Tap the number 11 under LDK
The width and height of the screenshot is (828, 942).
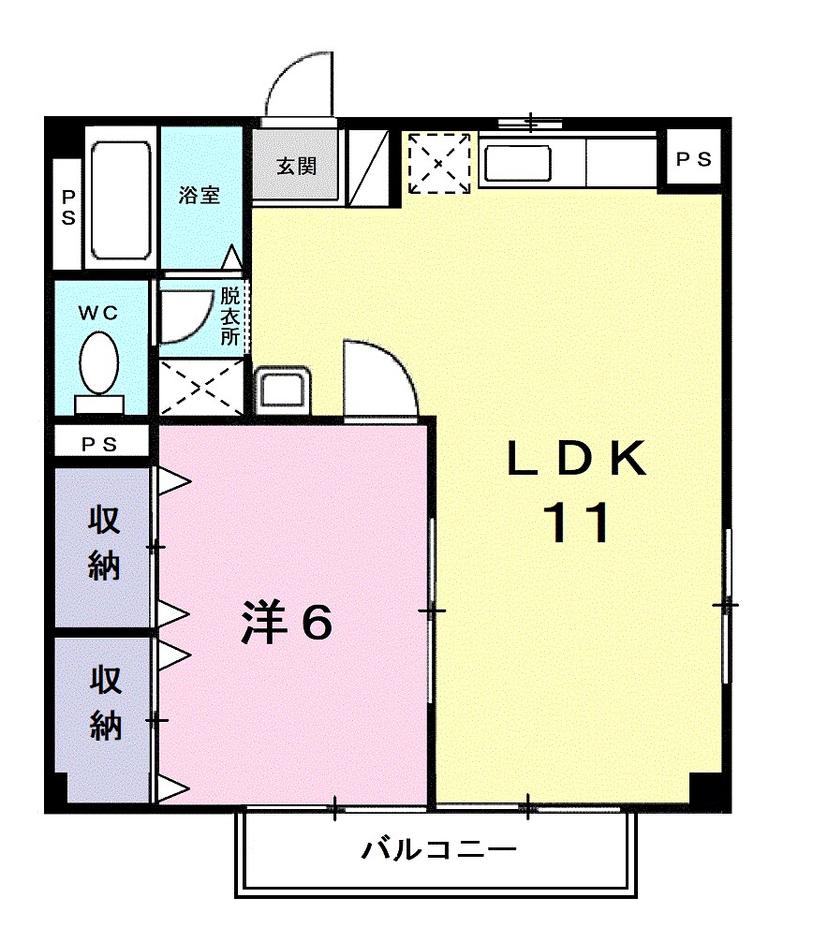pyautogui.click(x=577, y=523)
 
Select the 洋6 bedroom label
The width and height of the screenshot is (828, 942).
pyautogui.click(x=287, y=622)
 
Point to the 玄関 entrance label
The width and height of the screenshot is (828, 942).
pyautogui.click(x=295, y=167)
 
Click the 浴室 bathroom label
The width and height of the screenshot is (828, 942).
pyautogui.click(x=200, y=196)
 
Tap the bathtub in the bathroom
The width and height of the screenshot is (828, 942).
pyautogui.click(x=120, y=200)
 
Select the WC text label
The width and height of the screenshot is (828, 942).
pyautogui.click(x=98, y=314)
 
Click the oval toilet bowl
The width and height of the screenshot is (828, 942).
pyautogui.click(x=98, y=365)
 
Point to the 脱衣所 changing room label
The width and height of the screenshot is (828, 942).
pyautogui.click(x=230, y=316)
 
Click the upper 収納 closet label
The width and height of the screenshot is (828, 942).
pyautogui.click(x=104, y=542)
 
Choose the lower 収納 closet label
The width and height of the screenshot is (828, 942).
pyautogui.click(x=104, y=702)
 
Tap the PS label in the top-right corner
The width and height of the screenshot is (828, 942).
pyautogui.click(x=694, y=160)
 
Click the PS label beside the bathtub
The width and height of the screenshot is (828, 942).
pyautogui.click(x=68, y=207)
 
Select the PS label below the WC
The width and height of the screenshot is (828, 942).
pyautogui.click(x=99, y=444)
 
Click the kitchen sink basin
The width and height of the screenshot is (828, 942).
pyautogui.click(x=516, y=163)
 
